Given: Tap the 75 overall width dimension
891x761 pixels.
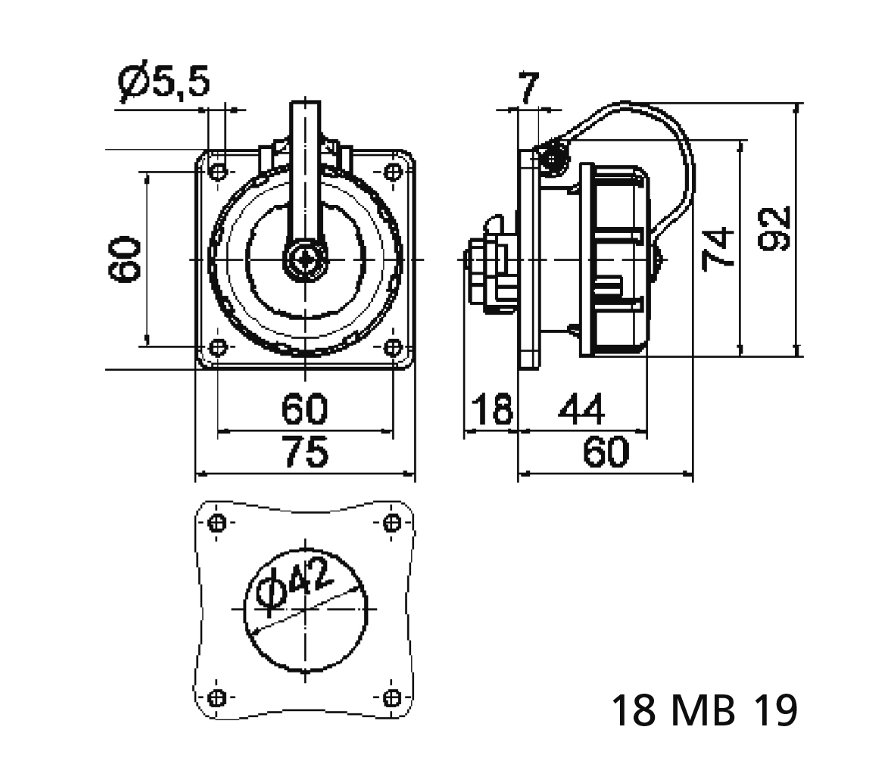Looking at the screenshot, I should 306,452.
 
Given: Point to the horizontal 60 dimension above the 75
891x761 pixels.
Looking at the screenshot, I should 305,409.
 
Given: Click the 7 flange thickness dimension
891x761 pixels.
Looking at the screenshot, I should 528,89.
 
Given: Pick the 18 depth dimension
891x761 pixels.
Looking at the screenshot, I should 491,410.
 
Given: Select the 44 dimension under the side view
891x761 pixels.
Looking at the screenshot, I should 581,410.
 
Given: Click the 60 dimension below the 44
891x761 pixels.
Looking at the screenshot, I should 606,452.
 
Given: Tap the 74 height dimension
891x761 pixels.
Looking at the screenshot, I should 718,247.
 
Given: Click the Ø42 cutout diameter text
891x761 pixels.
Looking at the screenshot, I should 295,585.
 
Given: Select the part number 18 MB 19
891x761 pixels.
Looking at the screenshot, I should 703,710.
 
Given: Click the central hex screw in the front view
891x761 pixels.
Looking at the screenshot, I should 305,259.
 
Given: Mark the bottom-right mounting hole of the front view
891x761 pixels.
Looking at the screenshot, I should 393,347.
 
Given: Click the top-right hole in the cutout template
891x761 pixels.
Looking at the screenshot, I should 393,523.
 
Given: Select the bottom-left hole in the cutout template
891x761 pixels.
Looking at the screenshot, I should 218,697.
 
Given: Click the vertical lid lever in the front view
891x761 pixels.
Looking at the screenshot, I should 305,174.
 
